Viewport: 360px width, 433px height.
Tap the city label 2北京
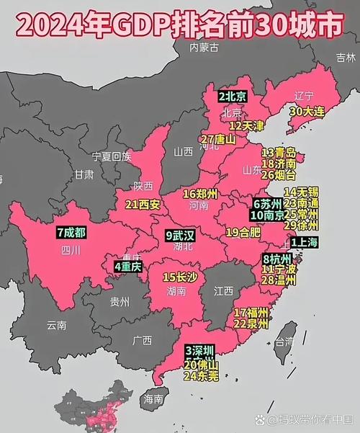(233, 97)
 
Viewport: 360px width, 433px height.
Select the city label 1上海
(303, 244)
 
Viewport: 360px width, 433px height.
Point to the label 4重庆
(128, 267)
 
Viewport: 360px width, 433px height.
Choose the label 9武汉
(180, 236)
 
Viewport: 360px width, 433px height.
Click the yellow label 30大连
(306, 112)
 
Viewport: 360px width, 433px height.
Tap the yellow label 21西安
(142, 205)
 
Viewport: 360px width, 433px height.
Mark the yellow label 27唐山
(217, 139)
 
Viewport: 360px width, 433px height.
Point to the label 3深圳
(199, 350)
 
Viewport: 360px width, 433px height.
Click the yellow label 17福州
(251, 313)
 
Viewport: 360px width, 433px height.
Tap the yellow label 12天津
(246, 126)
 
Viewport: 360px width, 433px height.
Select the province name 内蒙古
(203, 48)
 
